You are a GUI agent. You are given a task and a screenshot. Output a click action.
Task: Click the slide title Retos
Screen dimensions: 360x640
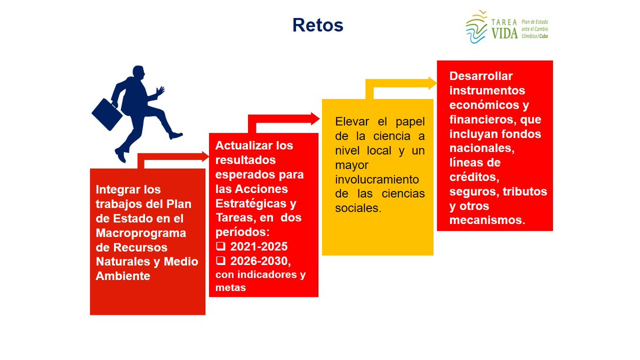pos(317,25)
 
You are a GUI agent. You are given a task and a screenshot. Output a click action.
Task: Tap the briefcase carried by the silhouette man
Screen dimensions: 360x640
pos(108,114)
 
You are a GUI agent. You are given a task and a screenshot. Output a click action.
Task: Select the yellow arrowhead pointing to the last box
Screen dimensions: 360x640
pos(430,83)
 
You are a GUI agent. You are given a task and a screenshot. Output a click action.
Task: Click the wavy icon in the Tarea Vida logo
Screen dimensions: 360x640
pos(476,27)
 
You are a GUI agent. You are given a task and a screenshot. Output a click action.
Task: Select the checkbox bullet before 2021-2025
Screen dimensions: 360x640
pos(220,247)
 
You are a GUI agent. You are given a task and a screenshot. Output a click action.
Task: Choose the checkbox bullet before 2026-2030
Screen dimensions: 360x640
pos(220,261)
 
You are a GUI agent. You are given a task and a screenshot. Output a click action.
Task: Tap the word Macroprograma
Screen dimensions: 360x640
pos(141,233)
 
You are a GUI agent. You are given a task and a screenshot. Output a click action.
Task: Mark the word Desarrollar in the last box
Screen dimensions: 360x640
pos(481,76)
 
